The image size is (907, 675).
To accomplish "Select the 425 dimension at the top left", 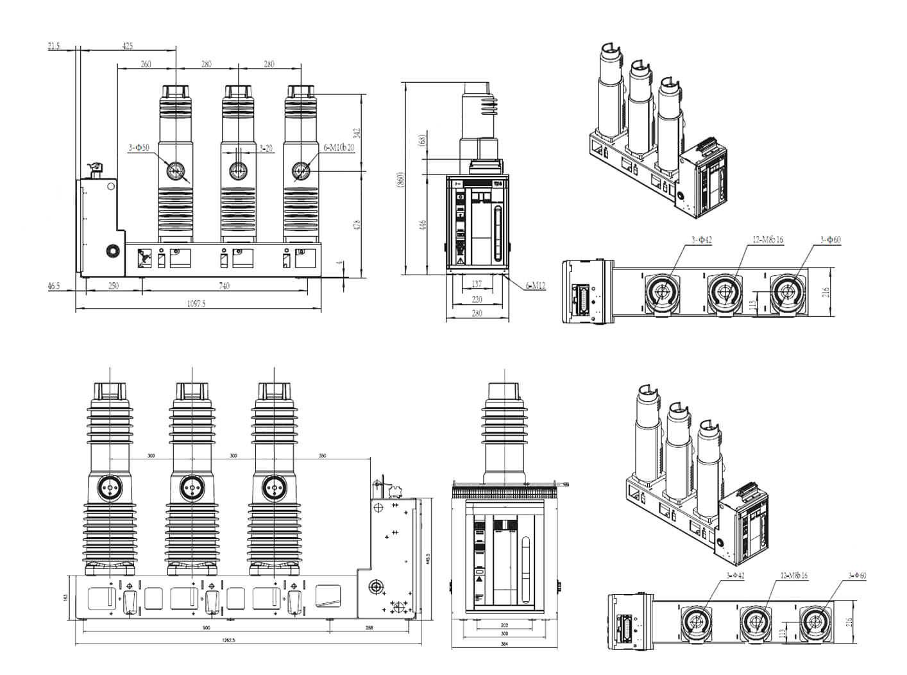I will click(128, 46).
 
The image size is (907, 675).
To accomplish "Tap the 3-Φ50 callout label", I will click(139, 148).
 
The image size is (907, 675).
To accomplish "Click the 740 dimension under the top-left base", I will click(224, 286).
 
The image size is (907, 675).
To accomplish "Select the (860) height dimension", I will click(401, 178).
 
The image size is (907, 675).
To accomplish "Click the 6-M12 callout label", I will click(535, 286).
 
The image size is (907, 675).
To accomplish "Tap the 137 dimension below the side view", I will click(477, 284).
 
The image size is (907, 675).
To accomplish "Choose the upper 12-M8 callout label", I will click(767, 240).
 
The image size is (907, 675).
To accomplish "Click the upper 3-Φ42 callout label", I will click(702, 240).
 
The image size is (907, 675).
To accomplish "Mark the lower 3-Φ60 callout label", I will click(856, 576).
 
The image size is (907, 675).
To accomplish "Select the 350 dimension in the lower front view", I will click(322, 456).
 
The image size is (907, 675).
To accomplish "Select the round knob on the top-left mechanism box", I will click(113, 250).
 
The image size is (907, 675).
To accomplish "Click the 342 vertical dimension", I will click(357, 133).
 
